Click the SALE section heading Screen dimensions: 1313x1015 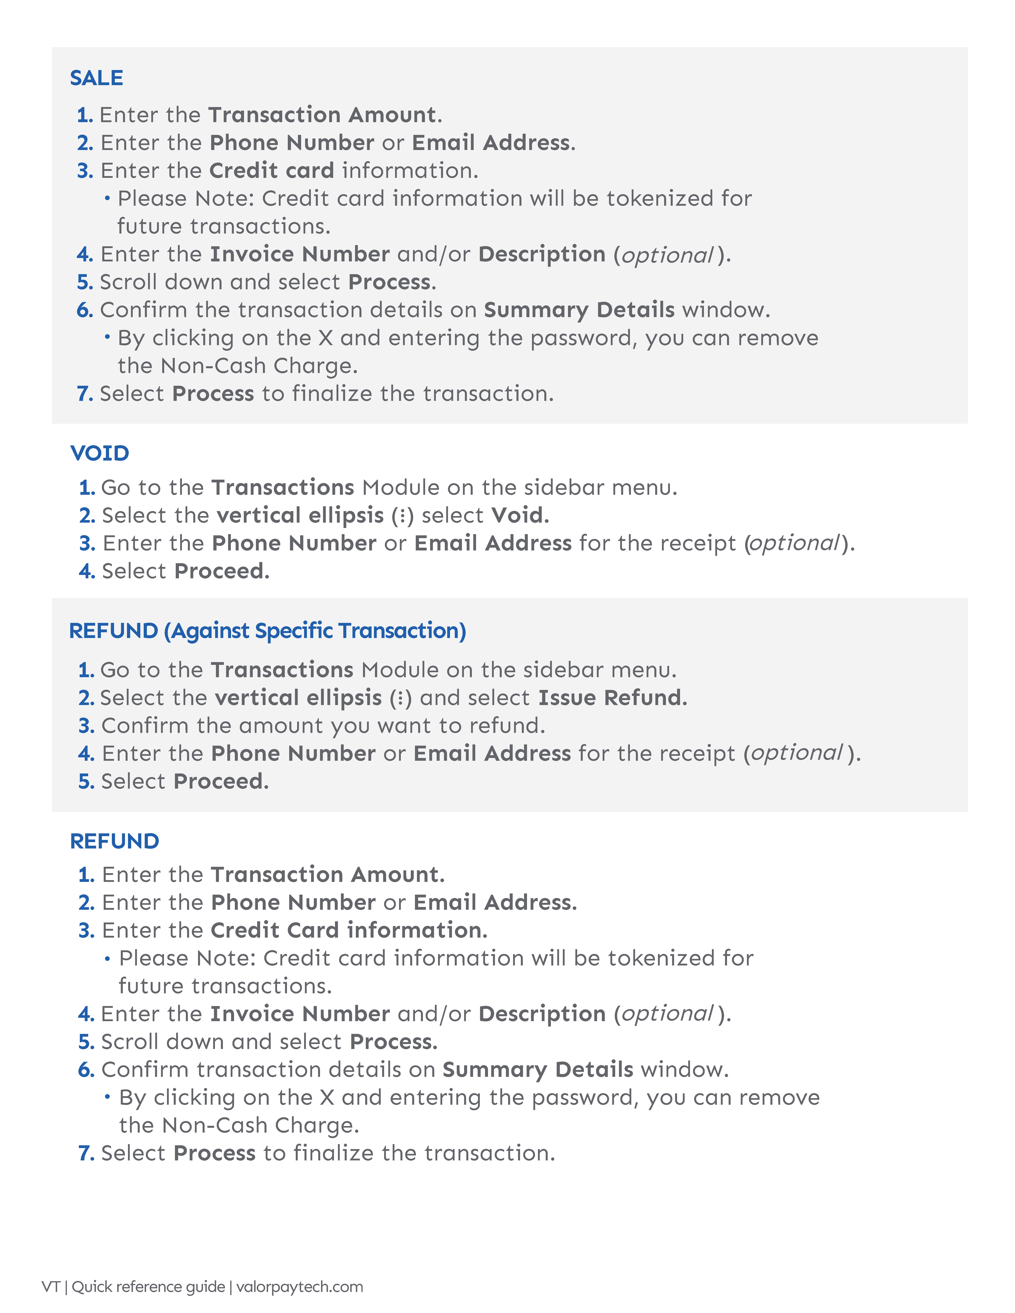tap(96, 78)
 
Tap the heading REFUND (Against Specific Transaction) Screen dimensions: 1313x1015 tap(267, 631)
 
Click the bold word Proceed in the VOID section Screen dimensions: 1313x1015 tap(221, 571)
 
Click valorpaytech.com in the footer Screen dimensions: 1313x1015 tap(300, 1287)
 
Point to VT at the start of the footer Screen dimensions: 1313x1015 tap(51, 1287)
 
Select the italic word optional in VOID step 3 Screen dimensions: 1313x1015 tap(794, 544)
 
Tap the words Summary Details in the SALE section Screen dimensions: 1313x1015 tap(579, 310)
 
